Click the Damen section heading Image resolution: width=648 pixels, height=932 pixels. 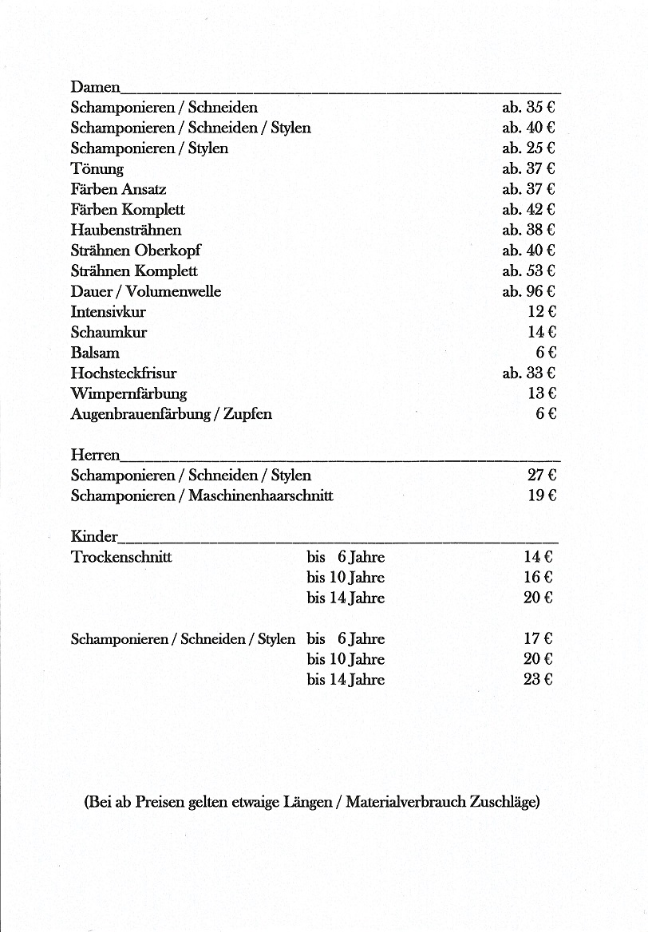pos(95,86)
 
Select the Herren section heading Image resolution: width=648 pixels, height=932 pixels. pos(95,455)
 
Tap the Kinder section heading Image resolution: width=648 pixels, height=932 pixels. pos(94,536)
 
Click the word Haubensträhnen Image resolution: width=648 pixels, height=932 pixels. pos(126,230)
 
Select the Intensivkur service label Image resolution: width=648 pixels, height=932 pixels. pos(109,311)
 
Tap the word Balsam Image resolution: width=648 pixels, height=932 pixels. pos(95,353)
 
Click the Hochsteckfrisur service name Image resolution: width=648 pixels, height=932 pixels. pos(124,373)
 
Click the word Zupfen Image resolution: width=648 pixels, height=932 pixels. pos(247,414)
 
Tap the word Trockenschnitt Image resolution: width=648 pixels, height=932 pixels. pos(121,557)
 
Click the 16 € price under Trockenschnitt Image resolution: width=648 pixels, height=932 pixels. pos(538,577)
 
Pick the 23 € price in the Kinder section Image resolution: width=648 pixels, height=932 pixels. pos(538,680)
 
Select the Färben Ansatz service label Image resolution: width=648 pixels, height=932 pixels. pos(118,189)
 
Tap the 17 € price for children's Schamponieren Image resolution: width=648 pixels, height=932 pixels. pos(538,638)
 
